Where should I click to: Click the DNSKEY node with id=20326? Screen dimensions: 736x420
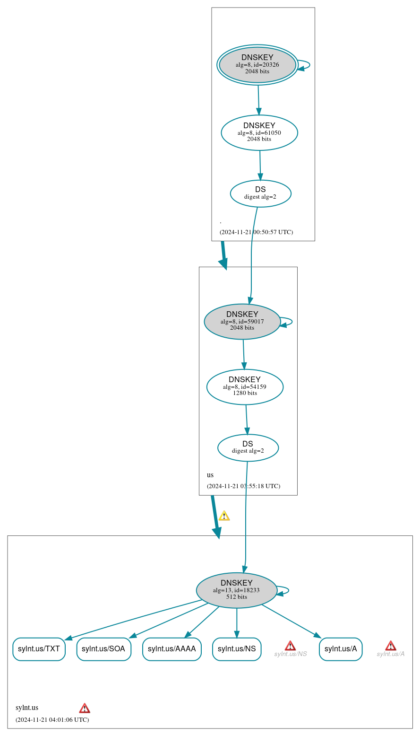click(257, 65)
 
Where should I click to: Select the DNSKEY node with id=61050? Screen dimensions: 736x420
click(259, 133)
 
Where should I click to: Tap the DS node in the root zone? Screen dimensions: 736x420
click(260, 193)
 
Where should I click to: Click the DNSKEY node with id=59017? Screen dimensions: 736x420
click(242, 322)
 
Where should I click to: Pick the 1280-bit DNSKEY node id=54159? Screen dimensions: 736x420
click(245, 387)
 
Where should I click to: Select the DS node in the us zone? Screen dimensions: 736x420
click(248, 447)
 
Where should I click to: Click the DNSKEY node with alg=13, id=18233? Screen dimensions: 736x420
click(236, 590)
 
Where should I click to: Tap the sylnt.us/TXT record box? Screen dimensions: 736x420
click(39, 649)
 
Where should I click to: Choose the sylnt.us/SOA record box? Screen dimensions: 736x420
click(103, 649)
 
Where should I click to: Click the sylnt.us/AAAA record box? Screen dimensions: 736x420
click(171, 649)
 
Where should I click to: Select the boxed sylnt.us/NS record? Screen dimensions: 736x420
click(237, 649)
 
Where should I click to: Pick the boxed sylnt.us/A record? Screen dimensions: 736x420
click(340, 649)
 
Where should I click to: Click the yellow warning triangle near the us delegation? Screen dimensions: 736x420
click(224, 516)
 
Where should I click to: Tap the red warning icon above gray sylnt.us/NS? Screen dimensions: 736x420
click(290, 646)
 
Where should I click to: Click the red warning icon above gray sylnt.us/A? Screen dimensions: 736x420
click(390, 646)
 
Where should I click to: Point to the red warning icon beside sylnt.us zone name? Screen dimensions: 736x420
click(85, 708)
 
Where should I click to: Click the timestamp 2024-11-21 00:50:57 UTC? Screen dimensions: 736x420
click(256, 232)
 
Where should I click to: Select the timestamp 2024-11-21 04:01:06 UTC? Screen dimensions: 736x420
click(52, 720)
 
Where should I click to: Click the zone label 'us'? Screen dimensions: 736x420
click(210, 475)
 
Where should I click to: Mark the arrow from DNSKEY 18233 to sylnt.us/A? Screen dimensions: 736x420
click(291, 621)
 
